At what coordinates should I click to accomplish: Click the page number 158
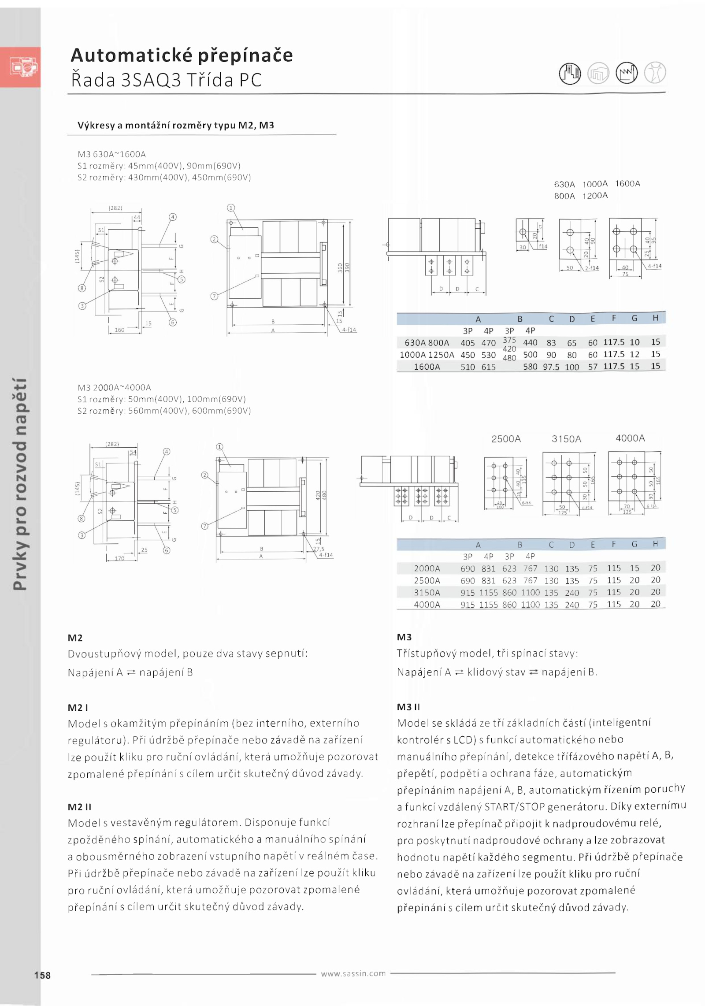(x=42, y=975)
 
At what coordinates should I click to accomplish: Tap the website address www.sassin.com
(x=353, y=973)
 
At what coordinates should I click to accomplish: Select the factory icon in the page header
(x=626, y=73)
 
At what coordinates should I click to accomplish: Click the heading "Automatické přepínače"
(x=182, y=56)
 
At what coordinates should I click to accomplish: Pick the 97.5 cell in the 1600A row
(x=551, y=367)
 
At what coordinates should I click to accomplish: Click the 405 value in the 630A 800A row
(x=468, y=343)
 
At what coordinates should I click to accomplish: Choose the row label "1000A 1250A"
(x=427, y=355)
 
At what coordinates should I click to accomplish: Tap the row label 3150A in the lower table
(x=427, y=593)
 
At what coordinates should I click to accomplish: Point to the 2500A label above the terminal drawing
(x=506, y=439)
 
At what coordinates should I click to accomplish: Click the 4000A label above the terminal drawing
(x=630, y=438)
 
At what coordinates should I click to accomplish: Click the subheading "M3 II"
(x=408, y=707)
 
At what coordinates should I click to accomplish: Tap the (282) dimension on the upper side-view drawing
(x=115, y=208)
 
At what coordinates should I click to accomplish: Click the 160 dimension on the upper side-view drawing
(x=119, y=330)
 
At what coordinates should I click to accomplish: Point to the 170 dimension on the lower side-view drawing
(x=119, y=558)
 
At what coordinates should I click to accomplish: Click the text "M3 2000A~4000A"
(x=114, y=387)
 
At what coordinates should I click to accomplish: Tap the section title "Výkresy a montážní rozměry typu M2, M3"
(x=176, y=125)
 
